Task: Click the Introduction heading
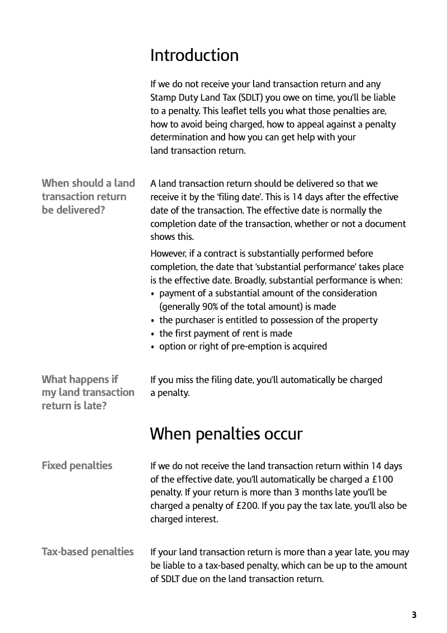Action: click(x=194, y=55)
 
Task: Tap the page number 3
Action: click(x=414, y=615)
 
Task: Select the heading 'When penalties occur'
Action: click(x=226, y=434)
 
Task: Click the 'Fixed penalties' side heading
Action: click(x=77, y=465)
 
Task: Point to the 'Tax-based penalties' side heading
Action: click(x=88, y=552)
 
